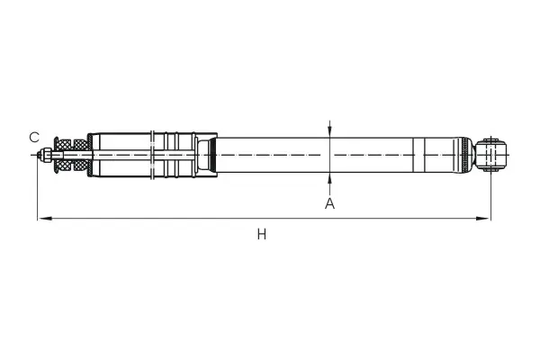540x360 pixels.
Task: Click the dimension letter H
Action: pos(261,235)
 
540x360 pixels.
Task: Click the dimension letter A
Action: pos(329,203)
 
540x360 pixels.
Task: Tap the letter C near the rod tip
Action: pos(34,138)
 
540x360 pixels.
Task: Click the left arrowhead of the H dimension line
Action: pos(45,218)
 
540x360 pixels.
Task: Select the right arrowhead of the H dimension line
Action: pos(482,218)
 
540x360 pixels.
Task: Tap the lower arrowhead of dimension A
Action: pos(329,178)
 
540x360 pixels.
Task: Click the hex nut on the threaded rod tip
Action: pos(46,155)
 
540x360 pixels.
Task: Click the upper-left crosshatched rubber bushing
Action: pos(63,145)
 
